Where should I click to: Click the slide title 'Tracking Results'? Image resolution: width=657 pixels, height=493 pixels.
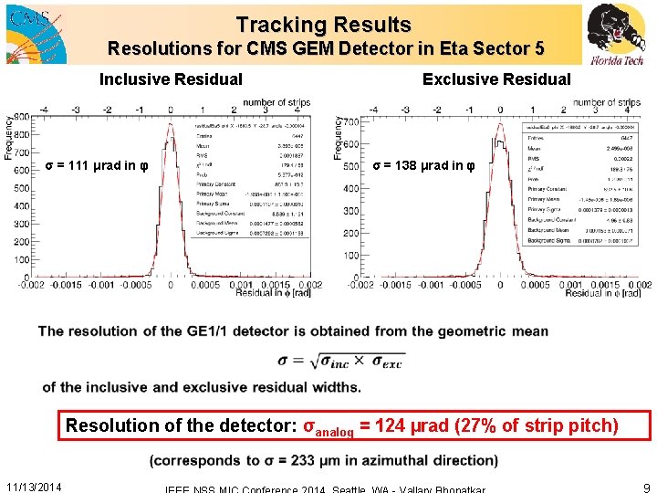click(x=323, y=25)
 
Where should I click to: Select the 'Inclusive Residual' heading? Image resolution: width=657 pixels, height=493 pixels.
click(x=171, y=79)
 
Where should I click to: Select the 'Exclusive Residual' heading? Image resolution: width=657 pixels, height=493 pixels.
click(x=496, y=79)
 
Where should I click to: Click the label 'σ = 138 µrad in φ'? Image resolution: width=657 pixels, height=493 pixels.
click(x=423, y=165)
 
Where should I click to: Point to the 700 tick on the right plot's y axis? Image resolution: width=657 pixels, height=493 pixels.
click(x=349, y=121)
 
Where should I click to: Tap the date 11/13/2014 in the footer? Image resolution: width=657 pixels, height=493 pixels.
click(x=34, y=487)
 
